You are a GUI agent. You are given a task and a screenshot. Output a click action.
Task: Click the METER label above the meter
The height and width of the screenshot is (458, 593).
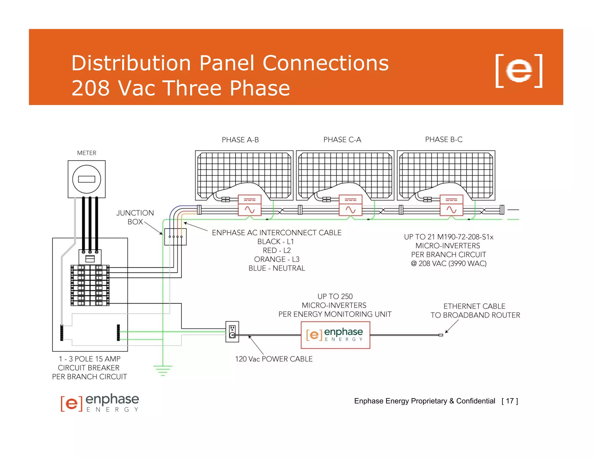87,153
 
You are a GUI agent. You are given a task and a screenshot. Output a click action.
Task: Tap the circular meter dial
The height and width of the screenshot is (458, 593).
87,179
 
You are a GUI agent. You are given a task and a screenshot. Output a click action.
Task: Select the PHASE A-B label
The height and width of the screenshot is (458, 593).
240,140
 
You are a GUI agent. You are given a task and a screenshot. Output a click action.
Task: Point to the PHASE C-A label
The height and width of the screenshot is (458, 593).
342,140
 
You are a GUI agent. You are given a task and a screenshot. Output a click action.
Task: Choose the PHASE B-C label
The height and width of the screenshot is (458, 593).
444,140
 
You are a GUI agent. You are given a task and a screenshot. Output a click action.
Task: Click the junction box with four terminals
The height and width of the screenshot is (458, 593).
175,237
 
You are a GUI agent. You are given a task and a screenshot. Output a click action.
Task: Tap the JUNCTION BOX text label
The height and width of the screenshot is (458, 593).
135,217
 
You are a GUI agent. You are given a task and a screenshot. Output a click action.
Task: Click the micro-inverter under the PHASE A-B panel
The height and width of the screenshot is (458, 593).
250,205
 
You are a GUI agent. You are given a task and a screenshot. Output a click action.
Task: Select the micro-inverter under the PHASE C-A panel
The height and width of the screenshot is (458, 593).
350,205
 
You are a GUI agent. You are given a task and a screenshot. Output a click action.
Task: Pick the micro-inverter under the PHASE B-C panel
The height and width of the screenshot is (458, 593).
451,205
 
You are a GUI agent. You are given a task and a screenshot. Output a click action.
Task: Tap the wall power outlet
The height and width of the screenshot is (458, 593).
232,331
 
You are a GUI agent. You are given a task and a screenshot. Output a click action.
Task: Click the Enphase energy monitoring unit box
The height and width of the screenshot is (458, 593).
335,335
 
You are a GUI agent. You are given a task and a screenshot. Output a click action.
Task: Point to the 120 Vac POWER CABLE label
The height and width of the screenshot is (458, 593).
274,359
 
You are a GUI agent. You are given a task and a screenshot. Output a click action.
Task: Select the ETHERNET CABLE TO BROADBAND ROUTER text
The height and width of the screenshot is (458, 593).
475,311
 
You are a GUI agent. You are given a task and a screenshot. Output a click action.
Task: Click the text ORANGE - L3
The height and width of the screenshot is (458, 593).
277,259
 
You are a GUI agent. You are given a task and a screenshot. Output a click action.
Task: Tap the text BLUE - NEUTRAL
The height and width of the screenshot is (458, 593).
277,268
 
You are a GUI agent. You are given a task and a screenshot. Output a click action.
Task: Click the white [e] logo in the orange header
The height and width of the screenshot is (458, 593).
519,71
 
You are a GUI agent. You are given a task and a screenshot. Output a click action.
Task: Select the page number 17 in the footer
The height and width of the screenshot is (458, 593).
510,401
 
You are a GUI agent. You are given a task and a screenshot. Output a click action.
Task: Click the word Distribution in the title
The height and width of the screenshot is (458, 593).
131,63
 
